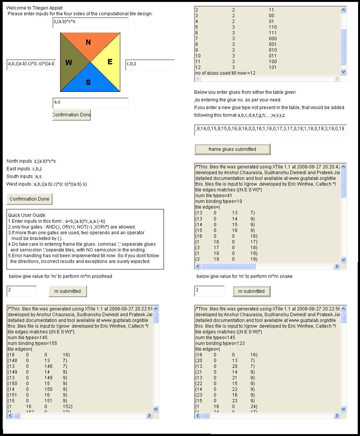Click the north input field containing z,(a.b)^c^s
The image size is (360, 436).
(x=90, y=23)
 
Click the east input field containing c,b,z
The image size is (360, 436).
(x=150, y=64)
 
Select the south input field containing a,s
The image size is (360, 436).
(x=90, y=103)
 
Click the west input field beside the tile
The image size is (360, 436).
(x=31, y=64)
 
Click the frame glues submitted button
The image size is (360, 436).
(x=232, y=149)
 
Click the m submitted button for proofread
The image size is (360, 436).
(x=67, y=291)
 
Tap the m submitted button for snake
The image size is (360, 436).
(x=251, y=291)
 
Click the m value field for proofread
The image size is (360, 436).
(x=22, y=291)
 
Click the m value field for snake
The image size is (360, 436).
(x=209, y=291)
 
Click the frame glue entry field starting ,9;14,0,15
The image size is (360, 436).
(x=270, y=129)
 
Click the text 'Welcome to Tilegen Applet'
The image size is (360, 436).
(x=34, y=8)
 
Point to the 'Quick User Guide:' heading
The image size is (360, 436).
(x=27, y=216)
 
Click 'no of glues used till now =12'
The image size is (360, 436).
(x=225, y=73)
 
